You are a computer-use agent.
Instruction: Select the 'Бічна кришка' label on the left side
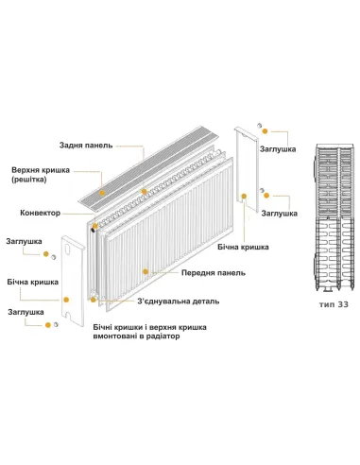[30, 282]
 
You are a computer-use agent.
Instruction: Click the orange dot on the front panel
[146, 271]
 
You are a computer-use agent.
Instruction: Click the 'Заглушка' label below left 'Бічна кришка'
[26, 311]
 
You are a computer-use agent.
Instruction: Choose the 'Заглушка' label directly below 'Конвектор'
[26, 241]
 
